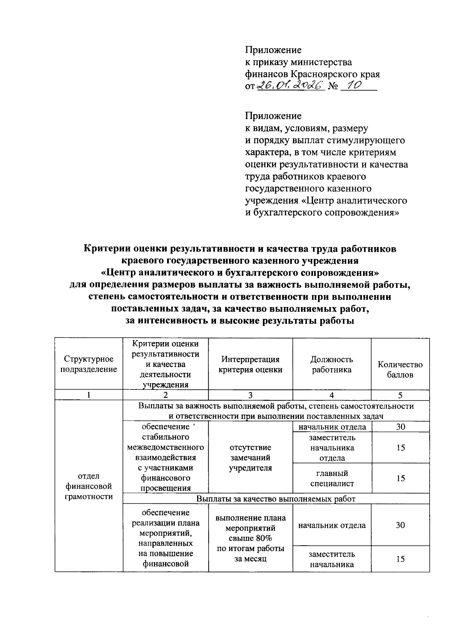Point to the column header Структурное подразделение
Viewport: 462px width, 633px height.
point(89,364)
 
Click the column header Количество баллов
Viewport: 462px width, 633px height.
point(400,369)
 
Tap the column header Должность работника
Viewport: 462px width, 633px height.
point(331,364)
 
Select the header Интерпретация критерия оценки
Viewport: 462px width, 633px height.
point(250,364)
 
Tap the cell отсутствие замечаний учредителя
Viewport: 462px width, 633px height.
point(250,458)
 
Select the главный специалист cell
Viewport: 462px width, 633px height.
point(331,478)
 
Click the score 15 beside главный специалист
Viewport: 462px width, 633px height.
point(400,478)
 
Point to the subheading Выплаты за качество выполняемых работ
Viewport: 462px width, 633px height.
point(276,499)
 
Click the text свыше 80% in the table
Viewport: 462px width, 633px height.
point(250,538)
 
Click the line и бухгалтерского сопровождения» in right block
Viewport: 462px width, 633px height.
point(322,212)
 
